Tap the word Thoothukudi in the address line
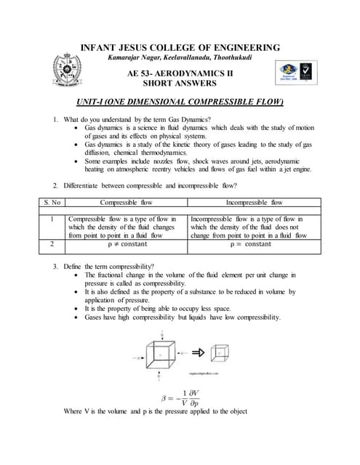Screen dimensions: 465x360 (228, 57)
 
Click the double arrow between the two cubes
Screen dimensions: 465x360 (197, 352)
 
